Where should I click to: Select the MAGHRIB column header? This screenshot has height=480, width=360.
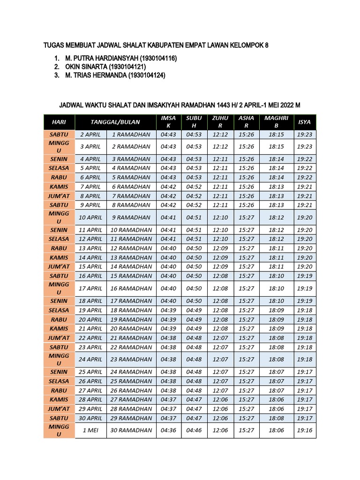[x=276, y=122]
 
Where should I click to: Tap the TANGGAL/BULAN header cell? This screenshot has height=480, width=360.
[x=115, y=122]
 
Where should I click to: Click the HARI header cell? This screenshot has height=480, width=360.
[x=59, y=122]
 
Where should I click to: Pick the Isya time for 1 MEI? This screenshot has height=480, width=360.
[x=305, y=430]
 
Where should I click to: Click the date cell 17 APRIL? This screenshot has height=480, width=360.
[x=91, y=288]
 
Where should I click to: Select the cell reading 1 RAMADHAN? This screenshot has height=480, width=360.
[x=131, y=135]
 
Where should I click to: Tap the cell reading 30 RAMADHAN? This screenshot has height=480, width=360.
[x=131, y=430]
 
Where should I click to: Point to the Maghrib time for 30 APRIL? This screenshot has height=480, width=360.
[x=276, y=418]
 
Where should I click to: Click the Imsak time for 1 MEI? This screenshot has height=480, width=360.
[x=168, y=430]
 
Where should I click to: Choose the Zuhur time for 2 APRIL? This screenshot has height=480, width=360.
[x=220, y=135]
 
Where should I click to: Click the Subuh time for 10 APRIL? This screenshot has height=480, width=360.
[x=194, y=217]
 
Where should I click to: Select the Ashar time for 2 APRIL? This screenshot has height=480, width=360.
[x=246, y=135]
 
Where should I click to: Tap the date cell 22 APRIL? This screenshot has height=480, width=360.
[x=91, y=338]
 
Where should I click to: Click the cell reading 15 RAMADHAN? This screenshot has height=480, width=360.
[x=131, y=276]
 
